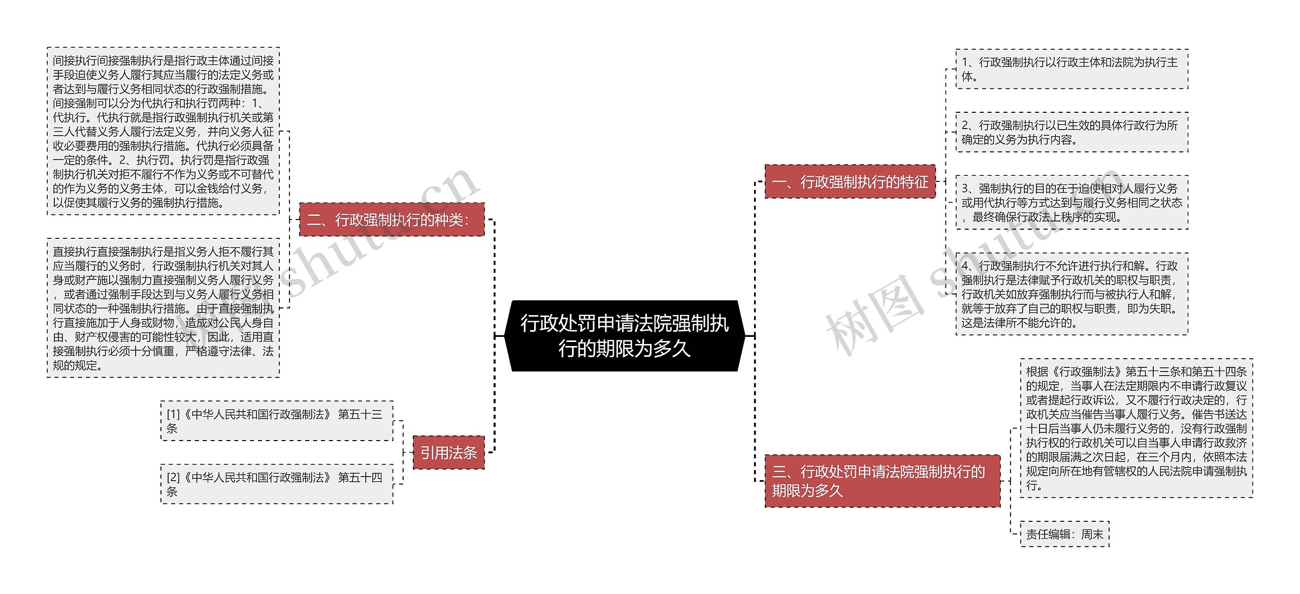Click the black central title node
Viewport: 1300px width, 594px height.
coord(625,336)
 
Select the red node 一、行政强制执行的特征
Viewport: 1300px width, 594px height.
coord(850,181)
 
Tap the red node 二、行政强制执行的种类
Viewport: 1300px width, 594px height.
coord(392,220)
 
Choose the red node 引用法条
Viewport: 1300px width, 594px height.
coord(448,452)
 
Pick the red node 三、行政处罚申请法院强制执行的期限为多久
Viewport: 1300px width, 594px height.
coord(882,481)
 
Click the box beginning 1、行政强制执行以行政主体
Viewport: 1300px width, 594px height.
coord(1071,69)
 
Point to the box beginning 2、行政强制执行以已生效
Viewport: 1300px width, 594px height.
coord(1071,132)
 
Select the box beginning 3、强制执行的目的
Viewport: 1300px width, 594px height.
coord(1071,202)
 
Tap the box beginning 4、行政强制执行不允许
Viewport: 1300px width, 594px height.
coord(1071,294)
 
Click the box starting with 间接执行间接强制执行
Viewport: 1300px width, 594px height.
coord(163,131)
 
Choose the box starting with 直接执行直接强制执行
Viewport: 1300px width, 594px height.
coord(163,308)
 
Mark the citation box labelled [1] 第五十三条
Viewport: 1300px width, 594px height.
coord(277,421)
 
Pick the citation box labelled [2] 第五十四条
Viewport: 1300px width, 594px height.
coord(277,484)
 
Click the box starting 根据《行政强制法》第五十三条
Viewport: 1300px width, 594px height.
coord(1136,428)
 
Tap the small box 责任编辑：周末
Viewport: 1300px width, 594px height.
coord(1064,534)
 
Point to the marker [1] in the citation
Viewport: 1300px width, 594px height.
coord(173,415)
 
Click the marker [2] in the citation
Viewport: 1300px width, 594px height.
coord(173,478)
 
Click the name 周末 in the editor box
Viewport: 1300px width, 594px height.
coord(1092,534)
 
